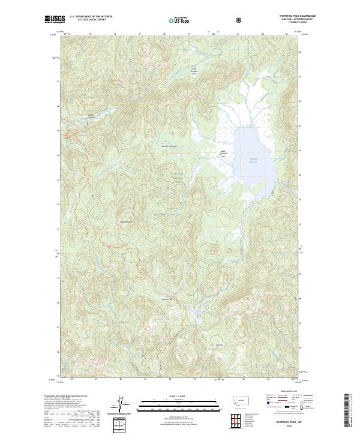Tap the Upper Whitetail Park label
coord(223,153)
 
